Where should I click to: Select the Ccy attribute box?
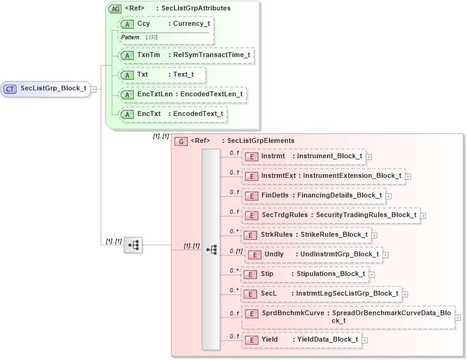166,24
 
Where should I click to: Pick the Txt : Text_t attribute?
162,75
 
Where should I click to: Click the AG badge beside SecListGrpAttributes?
115,9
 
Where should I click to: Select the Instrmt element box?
304,156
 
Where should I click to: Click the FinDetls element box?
314,196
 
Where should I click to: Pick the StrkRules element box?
306,235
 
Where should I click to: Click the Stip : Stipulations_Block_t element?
304,274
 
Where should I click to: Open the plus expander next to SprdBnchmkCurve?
458,318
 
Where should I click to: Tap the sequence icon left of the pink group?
133,245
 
